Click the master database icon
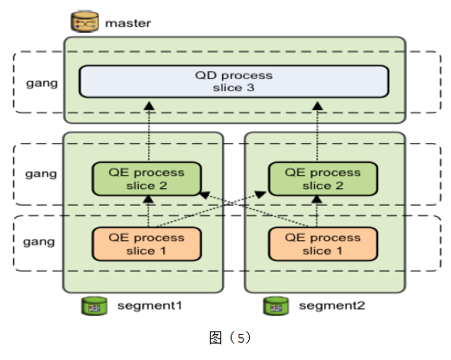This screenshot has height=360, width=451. coord(85,22)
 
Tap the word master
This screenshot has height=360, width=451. coord(128,23)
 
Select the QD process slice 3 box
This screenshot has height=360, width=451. coord(234,82)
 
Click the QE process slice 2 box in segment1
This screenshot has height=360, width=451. coord(147,179)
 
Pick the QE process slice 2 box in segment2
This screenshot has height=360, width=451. coord(323,179)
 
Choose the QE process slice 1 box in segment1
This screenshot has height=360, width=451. coord(147,244)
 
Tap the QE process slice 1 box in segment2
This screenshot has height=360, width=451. coord(323,244)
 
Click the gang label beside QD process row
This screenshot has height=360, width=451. coord(42,83)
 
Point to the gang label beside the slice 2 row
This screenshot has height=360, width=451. coord(41,174)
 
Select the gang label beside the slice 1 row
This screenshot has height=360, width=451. coord(39,242)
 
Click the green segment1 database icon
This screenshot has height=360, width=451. coord(95,305)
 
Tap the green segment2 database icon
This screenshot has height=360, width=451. coord(276,305)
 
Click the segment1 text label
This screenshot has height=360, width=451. coord(150,305)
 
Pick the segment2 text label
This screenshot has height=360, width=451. coord(332,305)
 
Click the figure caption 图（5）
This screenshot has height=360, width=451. coord(230,337)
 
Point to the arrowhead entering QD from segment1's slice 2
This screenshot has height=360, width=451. coord(149,106)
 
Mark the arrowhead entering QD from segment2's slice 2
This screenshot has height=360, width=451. coord(317,106)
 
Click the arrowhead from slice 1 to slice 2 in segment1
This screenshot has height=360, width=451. coord(148,199)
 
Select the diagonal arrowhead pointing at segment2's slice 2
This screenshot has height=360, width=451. coord(261,194)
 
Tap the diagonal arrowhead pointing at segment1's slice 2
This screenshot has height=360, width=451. coord(205,195)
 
